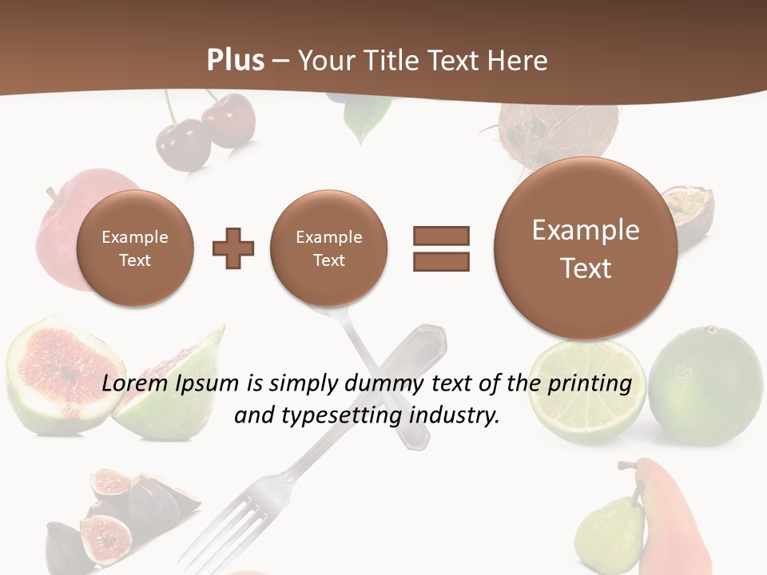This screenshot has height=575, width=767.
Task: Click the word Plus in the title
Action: (235, 60)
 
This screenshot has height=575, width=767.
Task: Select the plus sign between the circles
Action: (233, 248)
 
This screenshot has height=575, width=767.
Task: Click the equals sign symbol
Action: (440, 248)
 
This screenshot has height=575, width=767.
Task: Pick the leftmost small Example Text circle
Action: (134, 248)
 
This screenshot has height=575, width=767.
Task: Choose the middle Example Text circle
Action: (328, 248)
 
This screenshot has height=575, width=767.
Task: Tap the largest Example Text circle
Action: (586, 249)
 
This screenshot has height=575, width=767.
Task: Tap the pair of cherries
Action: (200, 132)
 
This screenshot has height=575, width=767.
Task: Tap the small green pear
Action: (609, 531)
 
